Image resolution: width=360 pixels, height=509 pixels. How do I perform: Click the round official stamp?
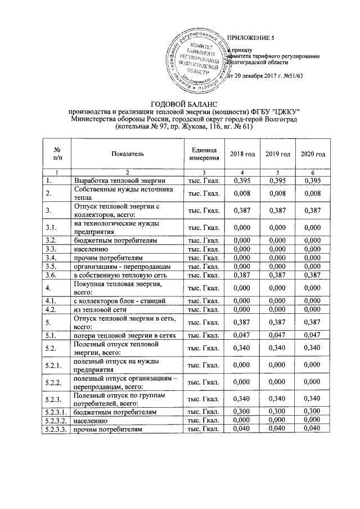pyautogui.click(x=201, y=62)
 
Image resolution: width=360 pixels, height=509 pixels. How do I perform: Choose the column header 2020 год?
pyautogui.click(x=313, y=154)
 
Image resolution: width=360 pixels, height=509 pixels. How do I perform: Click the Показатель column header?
pyautogui.click(x=128, y=154)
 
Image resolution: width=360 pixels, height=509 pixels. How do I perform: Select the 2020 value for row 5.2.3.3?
pyautogui.click(x=313, y=430)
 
